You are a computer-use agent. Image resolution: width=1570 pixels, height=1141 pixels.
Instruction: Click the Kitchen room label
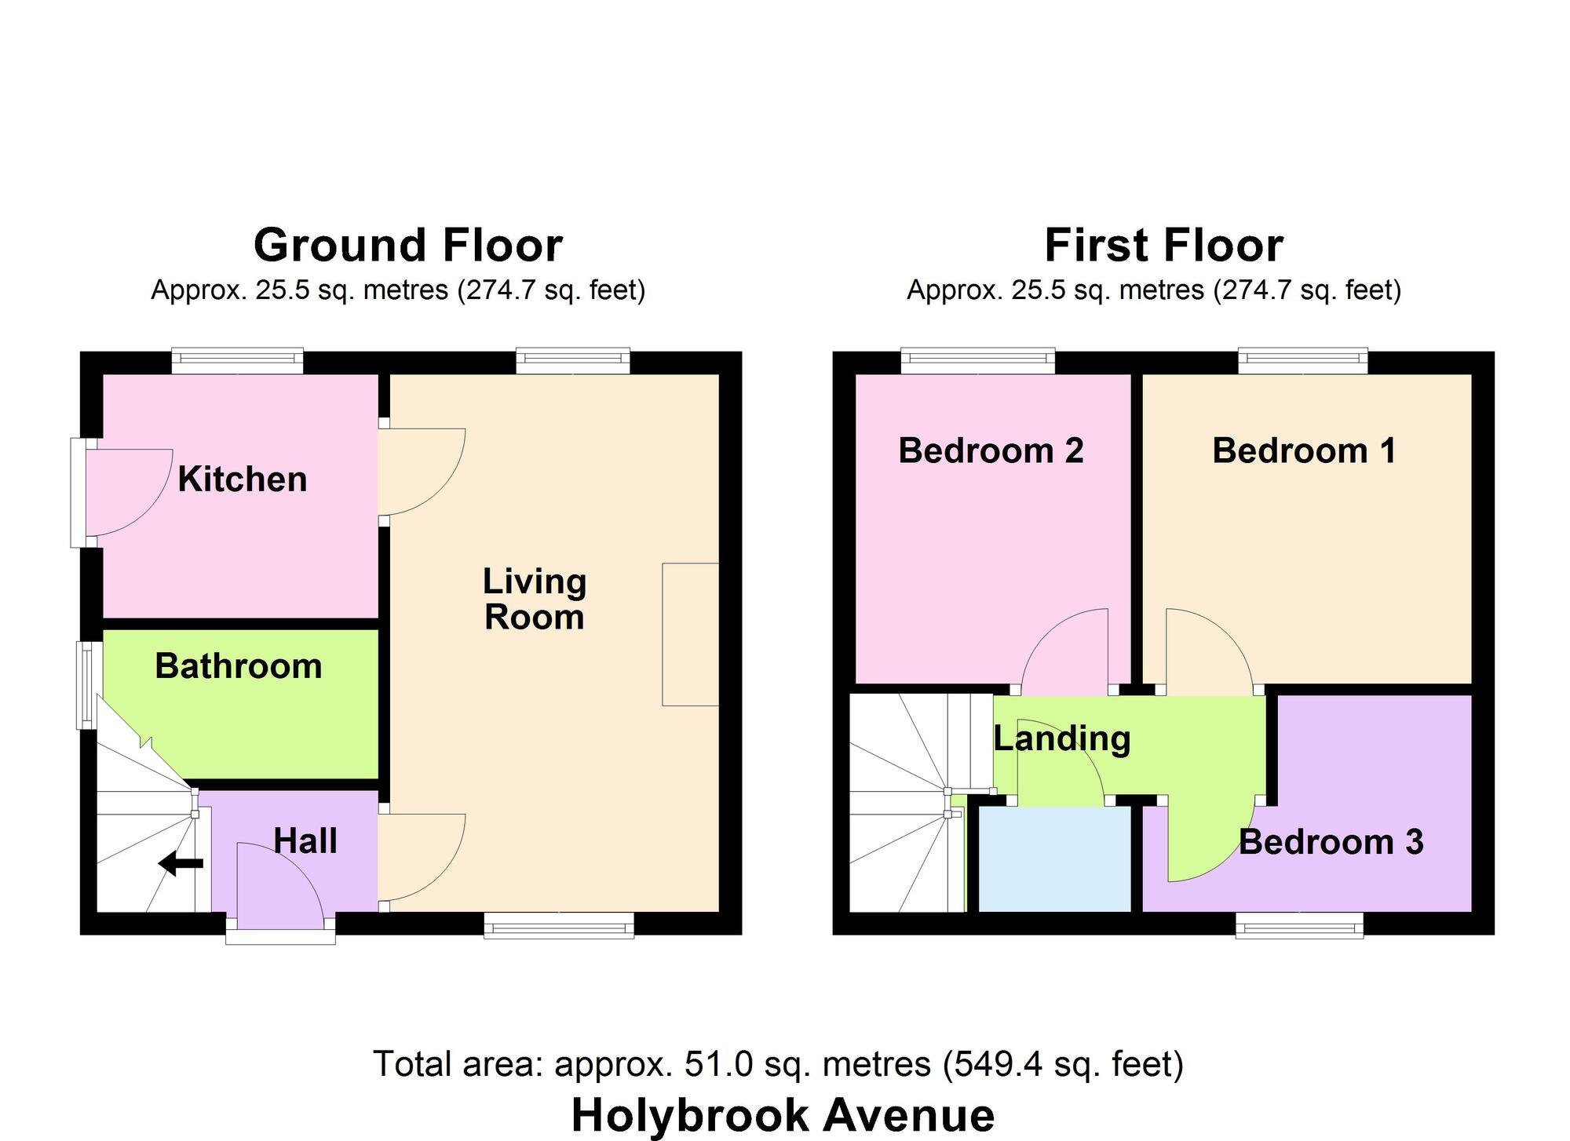click(x=242, y=479)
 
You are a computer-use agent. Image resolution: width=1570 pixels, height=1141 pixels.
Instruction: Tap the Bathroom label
click(x=239, y=666)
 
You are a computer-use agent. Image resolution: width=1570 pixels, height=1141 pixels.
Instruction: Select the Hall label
click(x=305, y=841)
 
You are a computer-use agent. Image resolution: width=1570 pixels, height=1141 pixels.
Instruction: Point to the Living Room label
click(x=535, y=599)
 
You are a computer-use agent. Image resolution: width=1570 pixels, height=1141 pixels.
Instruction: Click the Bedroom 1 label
click(x=1305, y=450)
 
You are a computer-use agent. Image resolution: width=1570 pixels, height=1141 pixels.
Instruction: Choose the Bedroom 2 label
click(x=991, y=450)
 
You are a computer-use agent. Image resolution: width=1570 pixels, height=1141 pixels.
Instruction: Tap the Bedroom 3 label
click(x=1331, y=842)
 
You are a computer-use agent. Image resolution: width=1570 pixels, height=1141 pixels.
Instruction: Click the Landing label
click(x=1062, y=739)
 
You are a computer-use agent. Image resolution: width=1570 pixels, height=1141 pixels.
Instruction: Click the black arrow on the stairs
click(x=181, y=864)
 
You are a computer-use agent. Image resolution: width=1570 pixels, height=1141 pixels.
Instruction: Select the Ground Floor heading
click(x=408, y=245)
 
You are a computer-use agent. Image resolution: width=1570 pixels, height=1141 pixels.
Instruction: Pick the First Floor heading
click(x=1164, y=245)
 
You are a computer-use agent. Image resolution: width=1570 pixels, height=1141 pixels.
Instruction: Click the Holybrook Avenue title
click(x=783, y=1115)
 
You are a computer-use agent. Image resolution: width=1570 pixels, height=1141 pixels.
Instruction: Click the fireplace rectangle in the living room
click(x=691, y=634)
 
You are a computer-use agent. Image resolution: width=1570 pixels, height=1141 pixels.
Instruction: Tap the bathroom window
click(x=89, y=686)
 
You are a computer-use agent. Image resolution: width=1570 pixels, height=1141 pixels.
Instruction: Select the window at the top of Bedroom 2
click(x=977, y=362)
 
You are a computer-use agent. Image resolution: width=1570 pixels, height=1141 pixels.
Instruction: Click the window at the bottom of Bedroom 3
click(x=1299, y=925)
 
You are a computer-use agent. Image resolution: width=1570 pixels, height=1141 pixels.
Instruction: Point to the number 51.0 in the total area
click(x=719, y=1064)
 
